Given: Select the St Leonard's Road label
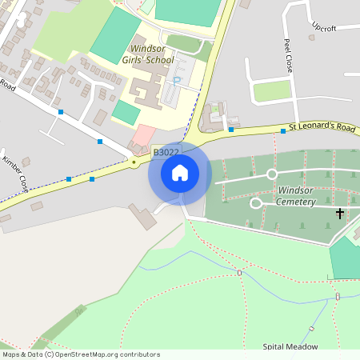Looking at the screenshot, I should point(322,126).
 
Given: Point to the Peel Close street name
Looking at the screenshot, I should point(288,55).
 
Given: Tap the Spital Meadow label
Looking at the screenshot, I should point(290,346).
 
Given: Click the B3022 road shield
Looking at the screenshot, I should point(166,151).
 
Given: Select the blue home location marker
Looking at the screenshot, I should point(180,172).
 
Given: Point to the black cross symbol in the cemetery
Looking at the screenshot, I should point(340,214).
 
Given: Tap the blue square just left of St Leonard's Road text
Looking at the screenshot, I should point(282,130).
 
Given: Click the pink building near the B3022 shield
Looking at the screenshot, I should point(144,134).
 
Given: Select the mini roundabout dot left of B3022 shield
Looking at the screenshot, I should point(134,162).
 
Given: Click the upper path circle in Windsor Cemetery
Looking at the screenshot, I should point(271,174).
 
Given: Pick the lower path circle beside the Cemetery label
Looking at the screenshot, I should point(256,203).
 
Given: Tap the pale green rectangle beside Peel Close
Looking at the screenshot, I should point(272,90).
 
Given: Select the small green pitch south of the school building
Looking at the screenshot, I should point(126,111).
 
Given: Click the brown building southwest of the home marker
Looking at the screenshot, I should point(142,217).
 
